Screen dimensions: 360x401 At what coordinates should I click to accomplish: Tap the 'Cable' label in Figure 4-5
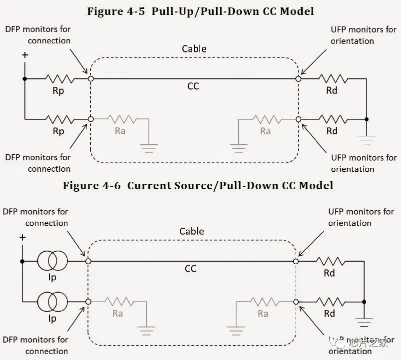pyautogui.click(x=194, y=49)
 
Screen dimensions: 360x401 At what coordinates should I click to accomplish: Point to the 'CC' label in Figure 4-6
pyautogui.click(x=191, y=269)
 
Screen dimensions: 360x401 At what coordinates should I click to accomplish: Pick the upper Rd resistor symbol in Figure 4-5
pyautogui.click(x=332, y=78)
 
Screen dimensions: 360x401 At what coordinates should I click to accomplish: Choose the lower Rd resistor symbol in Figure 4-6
pyautogui.click(x=330, y=302)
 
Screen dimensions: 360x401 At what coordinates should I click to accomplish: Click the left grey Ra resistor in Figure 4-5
pyautogui.click(x=120, y=119)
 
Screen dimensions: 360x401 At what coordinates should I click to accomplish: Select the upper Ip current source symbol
pyautogui.click(x=52, y=261)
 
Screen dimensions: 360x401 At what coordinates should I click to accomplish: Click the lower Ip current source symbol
pyautogui.click(x=52, y=302)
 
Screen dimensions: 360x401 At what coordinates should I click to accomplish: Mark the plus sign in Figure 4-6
pyautogui.click(x=22, y=238)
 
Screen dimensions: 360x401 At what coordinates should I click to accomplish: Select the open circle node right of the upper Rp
pyautogui.click(x=90, y=78)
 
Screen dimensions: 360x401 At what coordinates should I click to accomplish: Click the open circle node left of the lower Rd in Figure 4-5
pyautogui.click(x=299, y=119)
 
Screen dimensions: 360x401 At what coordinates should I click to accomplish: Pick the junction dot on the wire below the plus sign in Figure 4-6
pyautogui.click(x=22, y=261)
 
